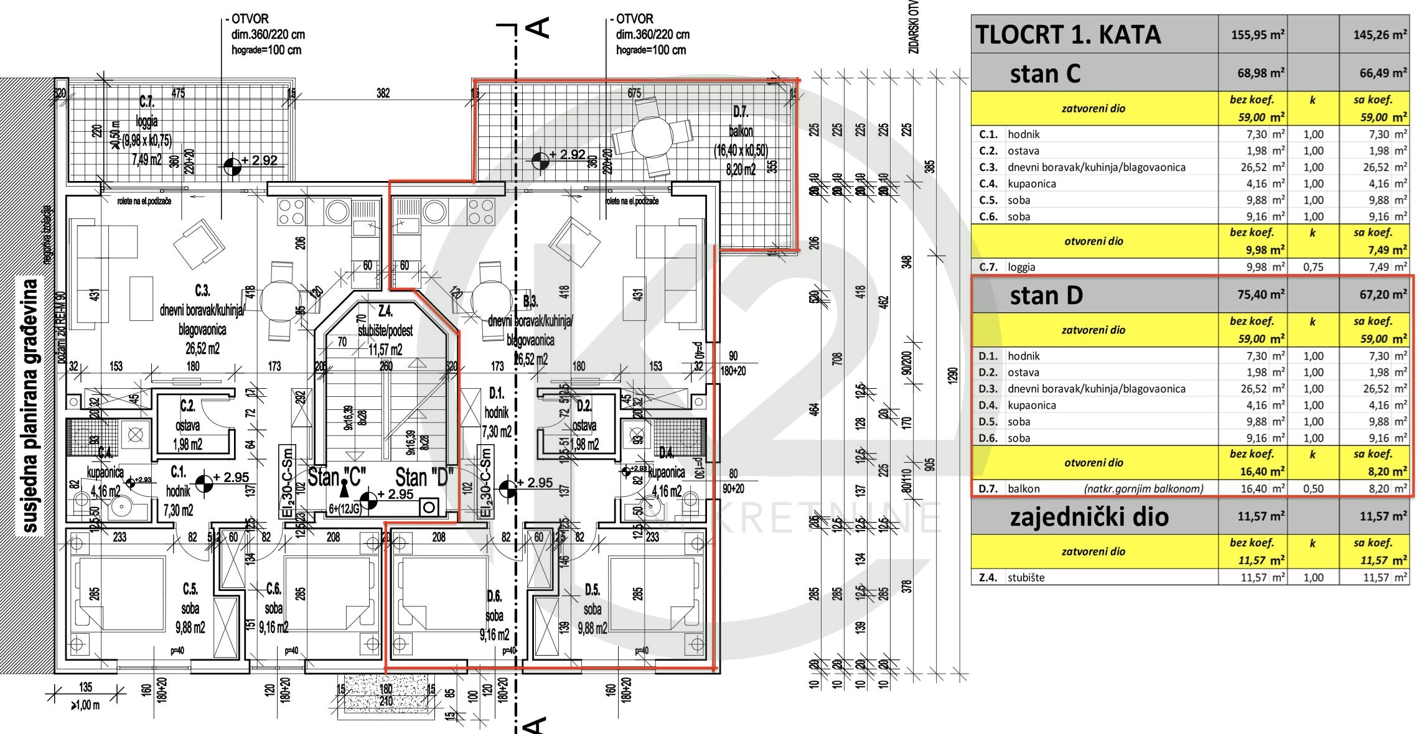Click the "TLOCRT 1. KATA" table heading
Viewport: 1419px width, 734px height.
1067,35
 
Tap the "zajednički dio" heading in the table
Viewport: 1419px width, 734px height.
1089,518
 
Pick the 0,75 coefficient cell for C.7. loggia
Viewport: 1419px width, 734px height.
1313,267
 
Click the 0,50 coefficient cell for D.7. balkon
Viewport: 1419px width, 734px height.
1313,489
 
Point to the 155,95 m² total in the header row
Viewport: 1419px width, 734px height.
1258,35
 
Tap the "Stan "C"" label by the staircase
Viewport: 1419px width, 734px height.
337,477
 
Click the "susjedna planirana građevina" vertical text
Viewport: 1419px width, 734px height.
30,406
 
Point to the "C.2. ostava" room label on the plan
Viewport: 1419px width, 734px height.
187,425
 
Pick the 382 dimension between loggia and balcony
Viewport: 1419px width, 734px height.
383,93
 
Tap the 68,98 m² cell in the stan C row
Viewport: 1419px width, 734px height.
1260,73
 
